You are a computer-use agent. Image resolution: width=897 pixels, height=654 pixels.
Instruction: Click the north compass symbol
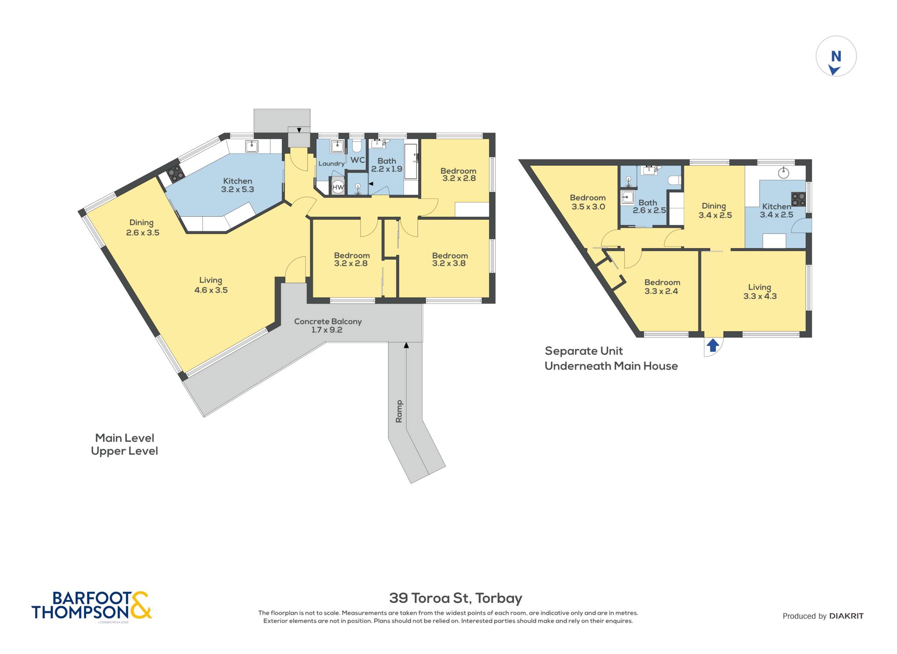coord(836,56)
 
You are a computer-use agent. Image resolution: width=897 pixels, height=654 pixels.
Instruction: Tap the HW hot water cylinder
coord(338,187)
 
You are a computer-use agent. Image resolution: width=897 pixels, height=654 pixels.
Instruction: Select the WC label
coord(357,160)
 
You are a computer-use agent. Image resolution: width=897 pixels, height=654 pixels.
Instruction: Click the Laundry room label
coord(332,164)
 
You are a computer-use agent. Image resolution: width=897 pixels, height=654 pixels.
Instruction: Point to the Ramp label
coord(399,411)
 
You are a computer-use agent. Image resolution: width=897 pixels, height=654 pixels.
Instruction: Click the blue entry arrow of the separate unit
coord(713,345)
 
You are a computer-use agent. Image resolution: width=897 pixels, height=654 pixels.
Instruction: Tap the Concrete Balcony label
coord(328,325)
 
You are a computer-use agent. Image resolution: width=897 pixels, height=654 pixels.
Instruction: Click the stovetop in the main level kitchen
coord(175,173)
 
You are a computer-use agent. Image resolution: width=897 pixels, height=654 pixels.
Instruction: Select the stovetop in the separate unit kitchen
coord(798,199)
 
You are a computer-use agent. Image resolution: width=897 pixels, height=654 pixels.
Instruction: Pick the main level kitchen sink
coord(251,146)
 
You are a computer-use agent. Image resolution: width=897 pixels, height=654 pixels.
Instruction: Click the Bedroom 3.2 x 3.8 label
coord(449,259)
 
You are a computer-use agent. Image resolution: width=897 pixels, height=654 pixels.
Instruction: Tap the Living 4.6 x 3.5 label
coord(211,285)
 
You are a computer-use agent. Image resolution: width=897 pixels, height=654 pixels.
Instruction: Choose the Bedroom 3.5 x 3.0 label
coord(588,202)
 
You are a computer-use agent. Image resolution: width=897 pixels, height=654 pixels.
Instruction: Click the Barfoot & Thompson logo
coord(92,606)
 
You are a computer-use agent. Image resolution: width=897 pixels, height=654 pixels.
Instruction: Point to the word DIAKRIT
coord(846,616)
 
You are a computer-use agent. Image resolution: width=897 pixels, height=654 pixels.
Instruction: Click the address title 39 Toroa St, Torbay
coord(456,598)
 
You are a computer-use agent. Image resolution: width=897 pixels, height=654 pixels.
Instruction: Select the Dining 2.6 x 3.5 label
coord(142,228)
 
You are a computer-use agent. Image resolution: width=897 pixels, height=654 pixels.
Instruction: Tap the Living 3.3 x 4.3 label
coord(760,292)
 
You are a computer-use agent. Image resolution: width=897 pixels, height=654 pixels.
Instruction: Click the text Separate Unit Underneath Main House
coord(611,359)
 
